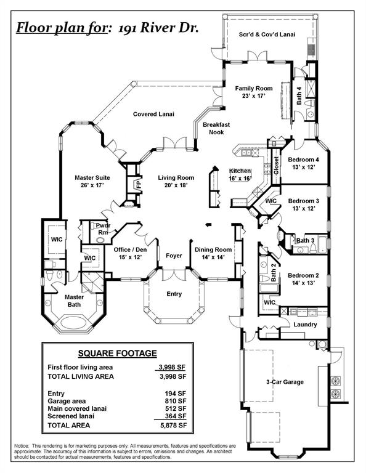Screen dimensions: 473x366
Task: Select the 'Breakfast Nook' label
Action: pyautogui.click(x=216, y=128)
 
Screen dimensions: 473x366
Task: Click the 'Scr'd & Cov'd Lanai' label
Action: pyautogui.click(x=267, y=35)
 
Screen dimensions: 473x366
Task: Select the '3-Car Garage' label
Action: pyautogui.click(x=284, y=382)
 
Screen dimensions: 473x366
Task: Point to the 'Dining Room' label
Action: pyautogui.click(x=213, y=253)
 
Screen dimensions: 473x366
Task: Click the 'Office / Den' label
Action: pyautogui.click(x=128, y=253)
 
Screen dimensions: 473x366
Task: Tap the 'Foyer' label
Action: pyautogui.click(x=174, y=255)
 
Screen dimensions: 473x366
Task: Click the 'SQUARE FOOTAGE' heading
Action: pyautogui.click(x=117, y=354)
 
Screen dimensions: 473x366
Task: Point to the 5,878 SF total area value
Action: pyautogui.click(x=173, y=426)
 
